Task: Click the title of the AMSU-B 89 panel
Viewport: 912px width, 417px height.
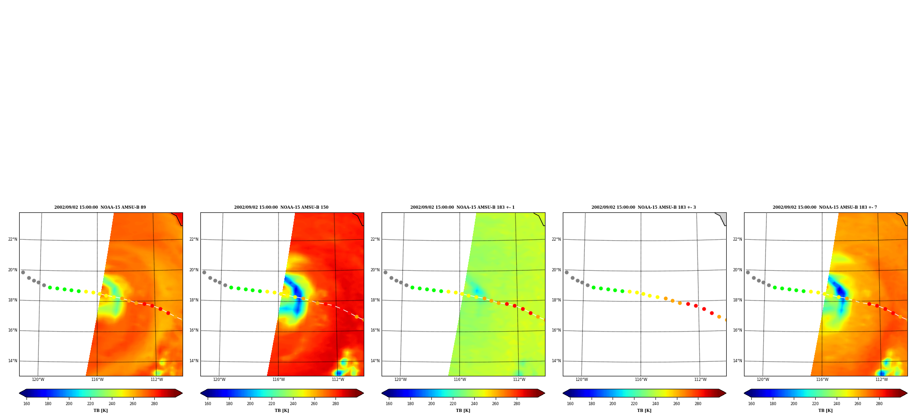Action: (x=100, y=207)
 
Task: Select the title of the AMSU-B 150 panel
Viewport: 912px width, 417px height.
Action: (x=281, y=207)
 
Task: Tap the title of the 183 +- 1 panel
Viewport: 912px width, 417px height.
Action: (x=462, y=207)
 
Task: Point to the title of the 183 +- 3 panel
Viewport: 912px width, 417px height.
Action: (x=644, y=207)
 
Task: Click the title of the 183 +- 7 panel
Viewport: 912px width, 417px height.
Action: (x=825, y=207)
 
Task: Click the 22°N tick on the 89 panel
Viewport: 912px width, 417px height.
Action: (x=13, y=239)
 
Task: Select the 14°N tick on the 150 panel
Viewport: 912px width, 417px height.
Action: (x=194, y=361)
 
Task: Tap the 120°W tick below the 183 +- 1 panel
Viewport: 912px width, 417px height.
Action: (x=400, y=380)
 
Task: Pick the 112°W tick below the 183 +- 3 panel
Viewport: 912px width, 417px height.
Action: (x=700, y=380)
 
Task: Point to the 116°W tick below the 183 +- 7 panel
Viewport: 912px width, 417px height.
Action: (x=822, y=380)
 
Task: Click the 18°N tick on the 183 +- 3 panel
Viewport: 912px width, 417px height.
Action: (x=556, y=300)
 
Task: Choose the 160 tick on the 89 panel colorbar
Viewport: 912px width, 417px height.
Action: (x=26, y=404)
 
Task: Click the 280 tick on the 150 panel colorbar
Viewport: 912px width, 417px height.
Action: (x=335, y=404)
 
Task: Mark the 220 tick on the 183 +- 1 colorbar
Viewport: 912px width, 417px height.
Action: (x=453, y=404)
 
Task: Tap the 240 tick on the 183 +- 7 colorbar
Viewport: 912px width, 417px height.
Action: (x=837, y=404)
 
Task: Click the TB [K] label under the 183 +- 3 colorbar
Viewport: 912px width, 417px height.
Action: (x=644, y=411)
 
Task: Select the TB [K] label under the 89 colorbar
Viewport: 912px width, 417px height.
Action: (x=101, y=411)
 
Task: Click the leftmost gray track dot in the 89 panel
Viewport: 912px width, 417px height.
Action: (x=23, y=272)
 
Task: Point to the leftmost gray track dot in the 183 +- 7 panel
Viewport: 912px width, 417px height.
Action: (x=748, y=272)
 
